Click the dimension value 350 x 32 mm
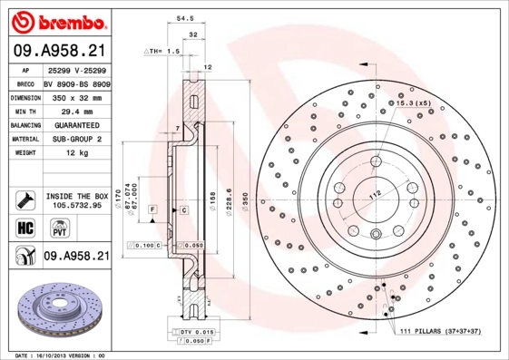tap(74, 96)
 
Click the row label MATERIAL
tap(24, 140)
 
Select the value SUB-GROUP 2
tap(74, 140)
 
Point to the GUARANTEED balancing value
tap(74, 124)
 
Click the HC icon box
tap(24, 228)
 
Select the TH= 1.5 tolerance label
tap(162, 52)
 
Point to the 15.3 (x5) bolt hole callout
tap(413, 104)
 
